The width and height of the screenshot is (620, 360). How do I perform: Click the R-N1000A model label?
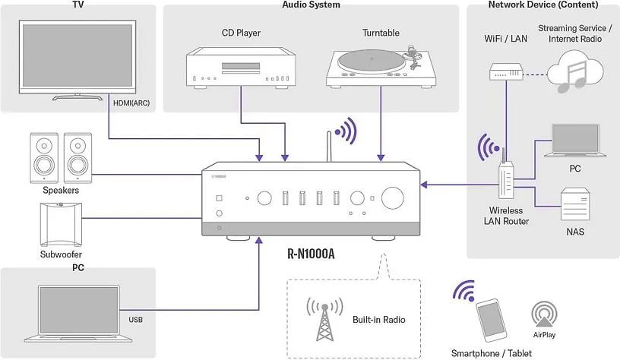(x=311, y=254)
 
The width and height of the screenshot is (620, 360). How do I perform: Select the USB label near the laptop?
(x=136, y=320)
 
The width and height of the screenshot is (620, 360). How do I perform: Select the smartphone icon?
(x=491, y=319)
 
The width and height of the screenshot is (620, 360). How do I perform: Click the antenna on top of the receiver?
(x=328, y=147)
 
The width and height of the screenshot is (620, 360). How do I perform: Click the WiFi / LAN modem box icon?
(x=506, y=73)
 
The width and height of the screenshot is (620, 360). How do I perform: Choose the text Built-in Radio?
(x=379, y=320)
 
